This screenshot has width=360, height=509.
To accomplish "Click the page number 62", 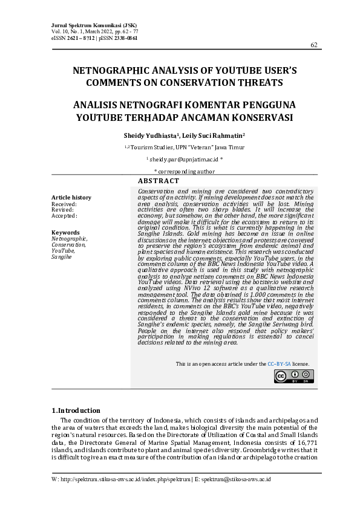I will tap(313, 45).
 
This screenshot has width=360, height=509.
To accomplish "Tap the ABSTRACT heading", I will tap(159, 181).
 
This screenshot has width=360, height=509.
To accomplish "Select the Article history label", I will tap(71, 198).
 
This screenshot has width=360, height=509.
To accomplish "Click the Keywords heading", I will tap(65, 232).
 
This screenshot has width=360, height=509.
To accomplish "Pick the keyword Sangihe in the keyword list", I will tap(62, 256).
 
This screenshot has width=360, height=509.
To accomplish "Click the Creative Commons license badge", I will tap(293, 376).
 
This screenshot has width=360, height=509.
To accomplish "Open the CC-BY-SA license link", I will tap(280, 364).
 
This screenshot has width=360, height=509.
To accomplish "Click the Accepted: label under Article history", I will tap(64, 215).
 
